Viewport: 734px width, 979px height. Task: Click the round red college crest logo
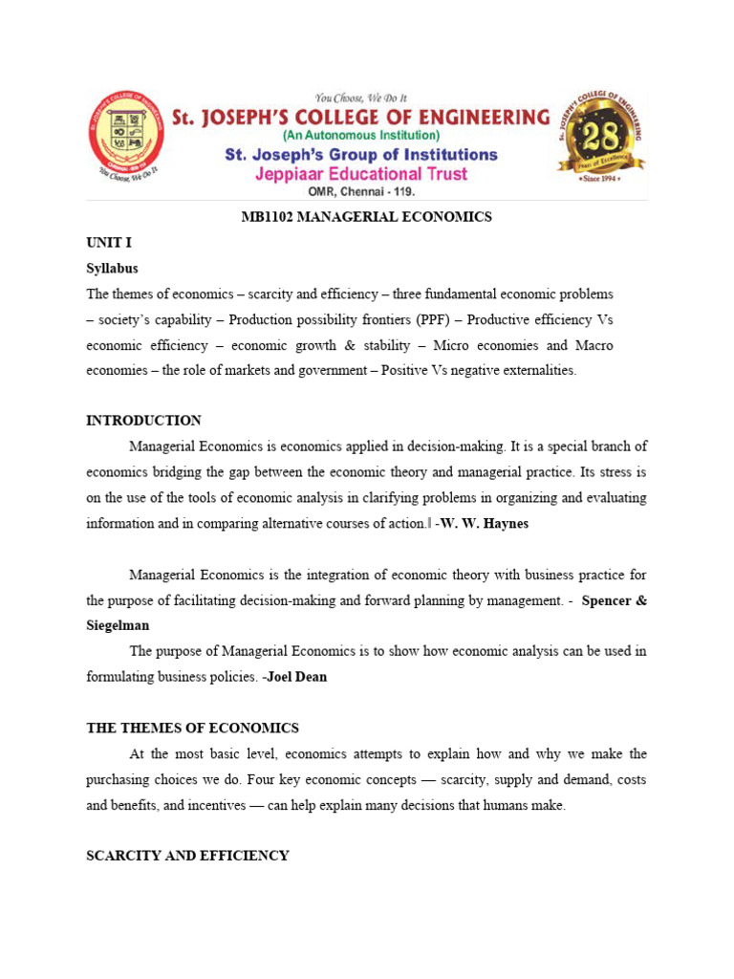(x=125, y=138)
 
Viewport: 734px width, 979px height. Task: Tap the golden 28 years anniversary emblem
(x=602, y=138)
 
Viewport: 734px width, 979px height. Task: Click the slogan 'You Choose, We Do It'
(x=361, y=98)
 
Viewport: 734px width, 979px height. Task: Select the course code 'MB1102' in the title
(x=267, y=217)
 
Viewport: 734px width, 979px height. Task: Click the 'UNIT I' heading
(x=109, y=243)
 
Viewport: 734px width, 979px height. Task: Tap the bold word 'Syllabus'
(x=112, y=269)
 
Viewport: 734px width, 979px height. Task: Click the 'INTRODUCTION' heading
(x=143, y=421)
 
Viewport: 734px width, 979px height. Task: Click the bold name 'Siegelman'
(x=118, y=625)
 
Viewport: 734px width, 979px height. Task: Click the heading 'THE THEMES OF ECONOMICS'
(x=192, y=729)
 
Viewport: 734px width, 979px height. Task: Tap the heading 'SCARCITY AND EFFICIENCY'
(x=187, y=856)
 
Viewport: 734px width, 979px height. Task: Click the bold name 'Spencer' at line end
(x=608, y=600)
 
